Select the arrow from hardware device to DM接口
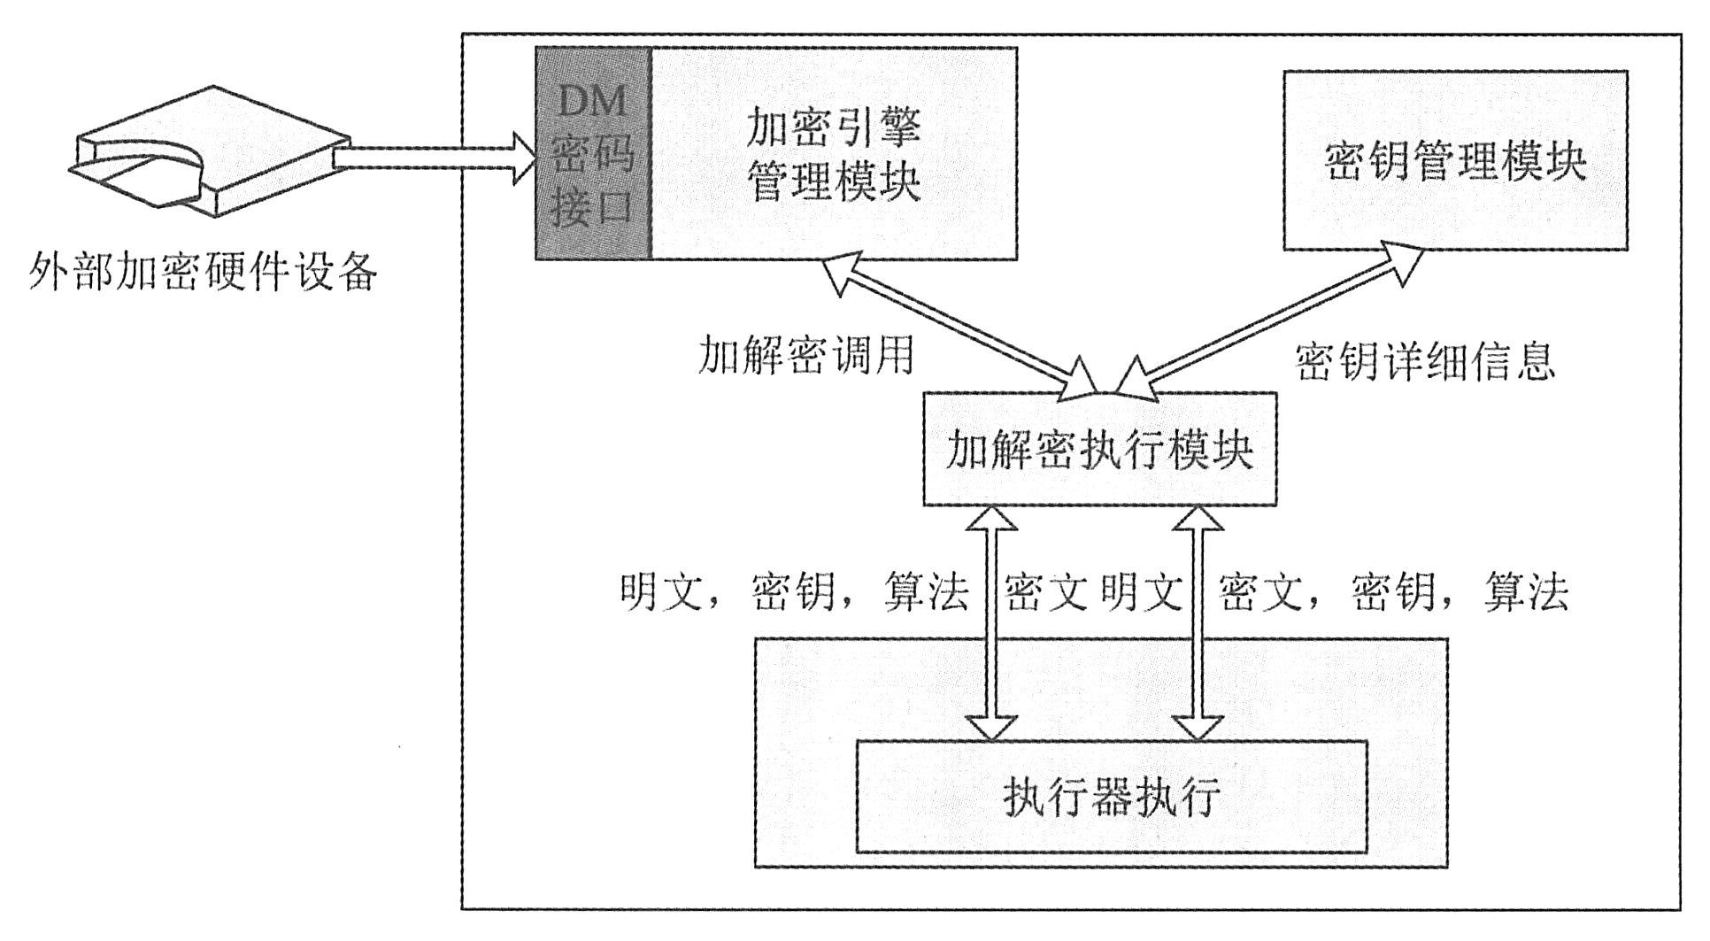[x=434, y=158]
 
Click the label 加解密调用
[x=805, y=357]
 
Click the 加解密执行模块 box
[x=1099, y=450]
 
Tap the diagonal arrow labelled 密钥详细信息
[x=1270, y=319]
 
